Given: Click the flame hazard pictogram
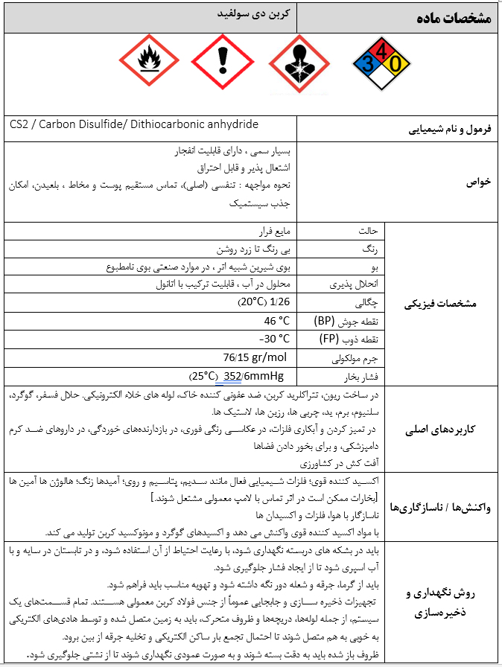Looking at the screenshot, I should click(150, 63).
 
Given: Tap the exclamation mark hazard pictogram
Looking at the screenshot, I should click(223, 63).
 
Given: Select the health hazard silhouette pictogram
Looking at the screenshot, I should click(298, 63).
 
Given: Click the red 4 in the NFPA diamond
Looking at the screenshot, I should click(382, 51).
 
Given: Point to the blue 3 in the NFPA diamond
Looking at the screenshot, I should click(368, 65).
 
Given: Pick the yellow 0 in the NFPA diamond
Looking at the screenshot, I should click(396, 65).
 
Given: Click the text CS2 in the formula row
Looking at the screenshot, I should click(20, 124).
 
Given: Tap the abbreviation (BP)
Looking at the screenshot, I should click(325, 321).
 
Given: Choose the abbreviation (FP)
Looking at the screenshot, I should click(325, 339).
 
